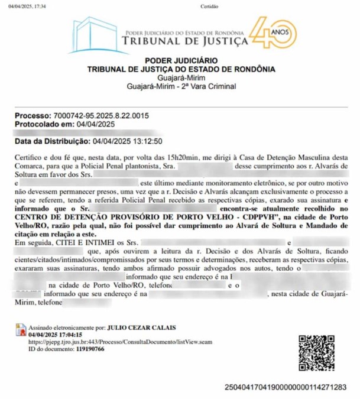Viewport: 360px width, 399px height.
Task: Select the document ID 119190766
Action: (86, 349)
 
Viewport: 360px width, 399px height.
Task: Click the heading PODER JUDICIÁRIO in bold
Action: (181, 60)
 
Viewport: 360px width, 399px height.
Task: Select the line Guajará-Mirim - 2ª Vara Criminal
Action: (181, 86)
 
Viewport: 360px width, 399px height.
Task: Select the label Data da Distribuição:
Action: (53, 142)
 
